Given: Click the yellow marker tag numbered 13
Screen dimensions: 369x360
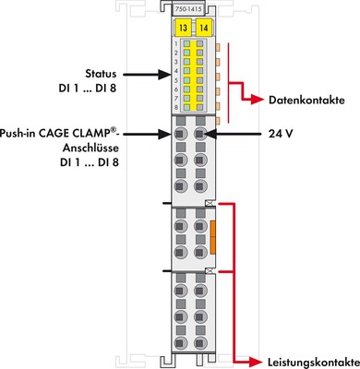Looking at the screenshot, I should (184, 28).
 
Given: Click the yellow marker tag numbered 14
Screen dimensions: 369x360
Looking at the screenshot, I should (202, 28).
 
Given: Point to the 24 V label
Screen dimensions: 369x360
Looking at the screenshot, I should (279, 133).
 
